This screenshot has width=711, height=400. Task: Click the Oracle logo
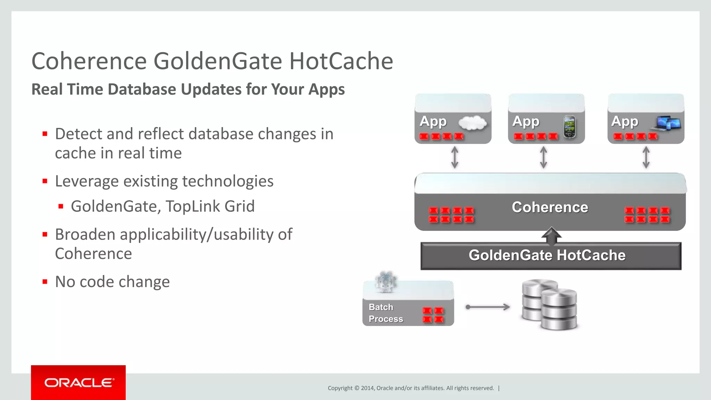click(x=78, y=383)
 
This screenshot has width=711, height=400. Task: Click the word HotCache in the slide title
click(x=341, y=61)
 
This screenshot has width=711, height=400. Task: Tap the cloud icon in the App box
click(x=472, y=123)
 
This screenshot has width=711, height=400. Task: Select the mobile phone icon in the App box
click(x=569, y=127)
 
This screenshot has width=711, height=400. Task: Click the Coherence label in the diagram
click(x=550, y=207)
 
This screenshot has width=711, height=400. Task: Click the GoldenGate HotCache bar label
click(x=547, y=255)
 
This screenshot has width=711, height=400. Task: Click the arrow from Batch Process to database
click(x=488, y=307)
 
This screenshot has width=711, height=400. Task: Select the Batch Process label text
click(x=385, y=313)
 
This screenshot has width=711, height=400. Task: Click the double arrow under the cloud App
click(x=454, y=158)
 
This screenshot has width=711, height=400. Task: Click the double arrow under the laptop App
click(x=646, y=158)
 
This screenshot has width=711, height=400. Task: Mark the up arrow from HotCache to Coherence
click(x=551, y=235)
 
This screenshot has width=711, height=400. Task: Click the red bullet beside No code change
click(x=45, y=282)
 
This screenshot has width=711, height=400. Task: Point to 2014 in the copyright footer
click(x=367, y=388)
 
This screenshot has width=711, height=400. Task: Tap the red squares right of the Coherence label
click(x=647, y=215)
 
